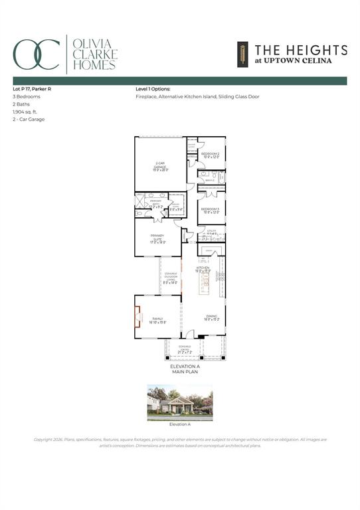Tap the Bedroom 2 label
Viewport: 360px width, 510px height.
[211, 155]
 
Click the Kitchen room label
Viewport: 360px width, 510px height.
[203, 269]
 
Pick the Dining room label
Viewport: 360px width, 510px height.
[211, 318]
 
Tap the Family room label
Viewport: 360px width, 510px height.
[158, 320]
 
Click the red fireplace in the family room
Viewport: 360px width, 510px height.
[137, 317]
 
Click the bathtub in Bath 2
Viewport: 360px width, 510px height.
[222, 179]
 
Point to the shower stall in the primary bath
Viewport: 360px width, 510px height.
[140, 201]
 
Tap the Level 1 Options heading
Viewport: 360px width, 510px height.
[153, 88]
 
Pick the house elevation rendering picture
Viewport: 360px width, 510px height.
[179, 401]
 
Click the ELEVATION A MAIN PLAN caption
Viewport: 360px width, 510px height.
[184, 369]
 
